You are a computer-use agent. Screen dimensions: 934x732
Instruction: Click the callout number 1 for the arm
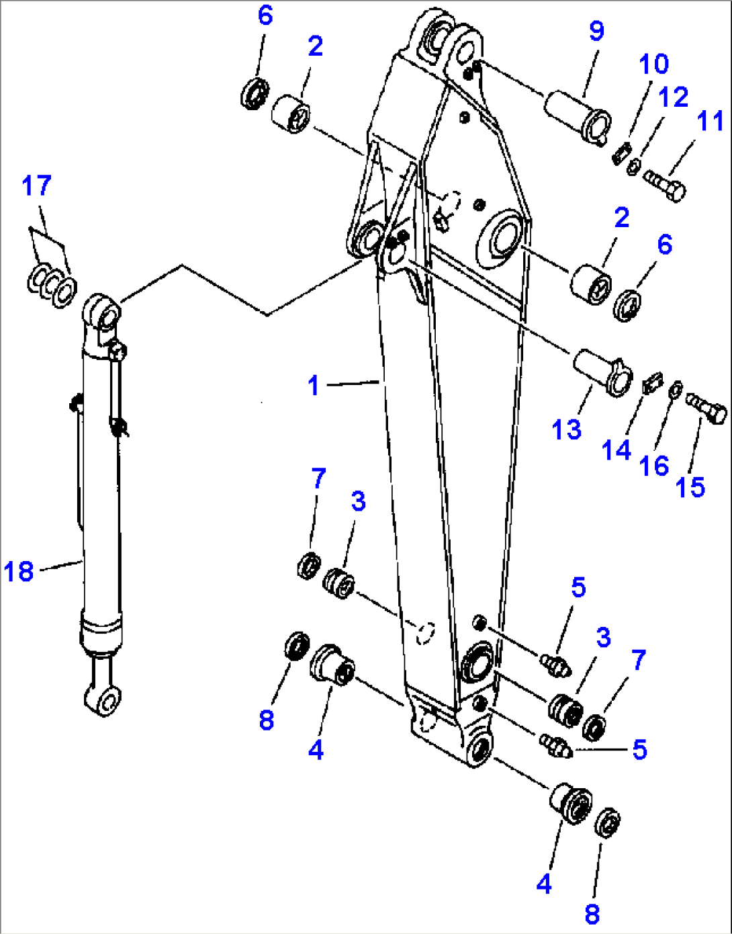pyautogui.click(x=313, y=386)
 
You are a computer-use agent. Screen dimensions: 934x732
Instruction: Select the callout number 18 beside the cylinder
pyautogui.click(x=19, y=572)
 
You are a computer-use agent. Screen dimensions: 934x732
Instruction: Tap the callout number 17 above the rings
pyautogui.click(x=36, y=186)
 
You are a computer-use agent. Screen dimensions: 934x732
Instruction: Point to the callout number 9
pyautogui.click(x=596, y=30)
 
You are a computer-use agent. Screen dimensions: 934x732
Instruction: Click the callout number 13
pyautogui.click(x=566, y=429)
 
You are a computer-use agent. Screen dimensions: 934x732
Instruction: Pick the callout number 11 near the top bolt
pyautogui.click(x=710, y=122)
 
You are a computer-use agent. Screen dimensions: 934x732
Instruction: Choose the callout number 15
pyautogui.click(x=690, y=487)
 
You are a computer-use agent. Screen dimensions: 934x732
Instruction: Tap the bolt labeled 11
pyautogui.click(x=665, y=184)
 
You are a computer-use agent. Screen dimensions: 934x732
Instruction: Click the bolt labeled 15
pyautogui.click(x=707, y=407)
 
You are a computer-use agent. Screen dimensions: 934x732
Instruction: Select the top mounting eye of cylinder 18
pyautogui.click(x=101, y=311)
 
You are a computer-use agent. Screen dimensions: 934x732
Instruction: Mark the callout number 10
pyautogui.click(x=653, y=65)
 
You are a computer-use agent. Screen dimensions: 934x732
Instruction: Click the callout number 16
pyautogui.click(x=653, y=465)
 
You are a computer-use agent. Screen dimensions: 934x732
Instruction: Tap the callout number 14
pyautogui.click(x=616, y=450)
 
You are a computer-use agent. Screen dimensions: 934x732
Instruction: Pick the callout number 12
pyautogui.click(x=673, y=97)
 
